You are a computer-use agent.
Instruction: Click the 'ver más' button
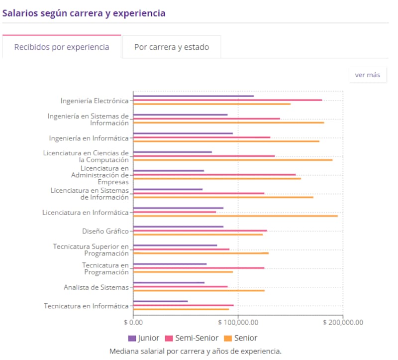(367, 75)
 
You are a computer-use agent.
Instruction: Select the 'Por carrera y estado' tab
(171, 47)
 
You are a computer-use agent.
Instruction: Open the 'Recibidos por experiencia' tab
(62, 47)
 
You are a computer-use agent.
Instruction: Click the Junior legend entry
(144, 338)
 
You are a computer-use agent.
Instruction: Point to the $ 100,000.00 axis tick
(238, 322)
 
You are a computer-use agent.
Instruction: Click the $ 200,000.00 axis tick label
(343, 322)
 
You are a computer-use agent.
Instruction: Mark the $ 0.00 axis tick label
(133, 322)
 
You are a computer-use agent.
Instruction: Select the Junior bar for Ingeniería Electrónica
(194, 96)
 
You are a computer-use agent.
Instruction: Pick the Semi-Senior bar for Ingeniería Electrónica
(227, 100)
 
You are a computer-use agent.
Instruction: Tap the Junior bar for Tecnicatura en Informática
(160, 301)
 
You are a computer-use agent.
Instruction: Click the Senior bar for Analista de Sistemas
(199, 290)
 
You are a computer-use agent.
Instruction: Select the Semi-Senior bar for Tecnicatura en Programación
(199, 268)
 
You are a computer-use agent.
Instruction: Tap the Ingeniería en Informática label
(89, 138)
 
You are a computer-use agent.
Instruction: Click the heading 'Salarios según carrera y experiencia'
(84, 13)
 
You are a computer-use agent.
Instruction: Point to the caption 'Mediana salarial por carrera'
(195, 351)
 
